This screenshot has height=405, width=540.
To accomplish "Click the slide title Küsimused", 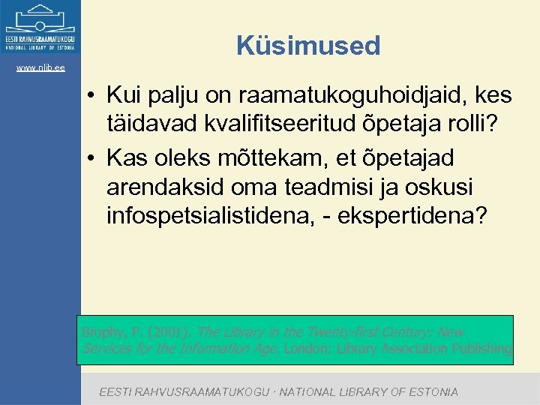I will [x=308, y=46].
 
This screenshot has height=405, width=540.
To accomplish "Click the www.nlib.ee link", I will [x=40, y=68].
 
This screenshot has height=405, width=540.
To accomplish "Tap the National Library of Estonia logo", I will [x=40, y=27].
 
